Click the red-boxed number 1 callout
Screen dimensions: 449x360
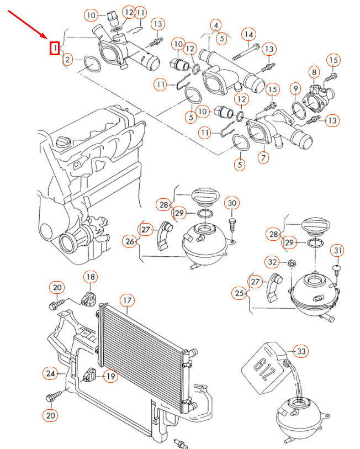55,49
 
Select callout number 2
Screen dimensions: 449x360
67,59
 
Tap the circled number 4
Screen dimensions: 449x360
216,25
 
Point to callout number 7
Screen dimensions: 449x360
263,158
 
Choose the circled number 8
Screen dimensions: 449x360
314,72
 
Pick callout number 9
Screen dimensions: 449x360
295,88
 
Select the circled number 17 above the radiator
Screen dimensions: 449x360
127,301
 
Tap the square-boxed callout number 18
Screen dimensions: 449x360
90,277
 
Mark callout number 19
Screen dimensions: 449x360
110,377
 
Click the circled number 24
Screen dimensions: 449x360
50,374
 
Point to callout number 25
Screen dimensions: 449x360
239,293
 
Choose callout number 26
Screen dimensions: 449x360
129,241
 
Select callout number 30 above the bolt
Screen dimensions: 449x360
232,204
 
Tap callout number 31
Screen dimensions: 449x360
337,251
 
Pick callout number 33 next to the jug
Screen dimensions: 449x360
301,351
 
